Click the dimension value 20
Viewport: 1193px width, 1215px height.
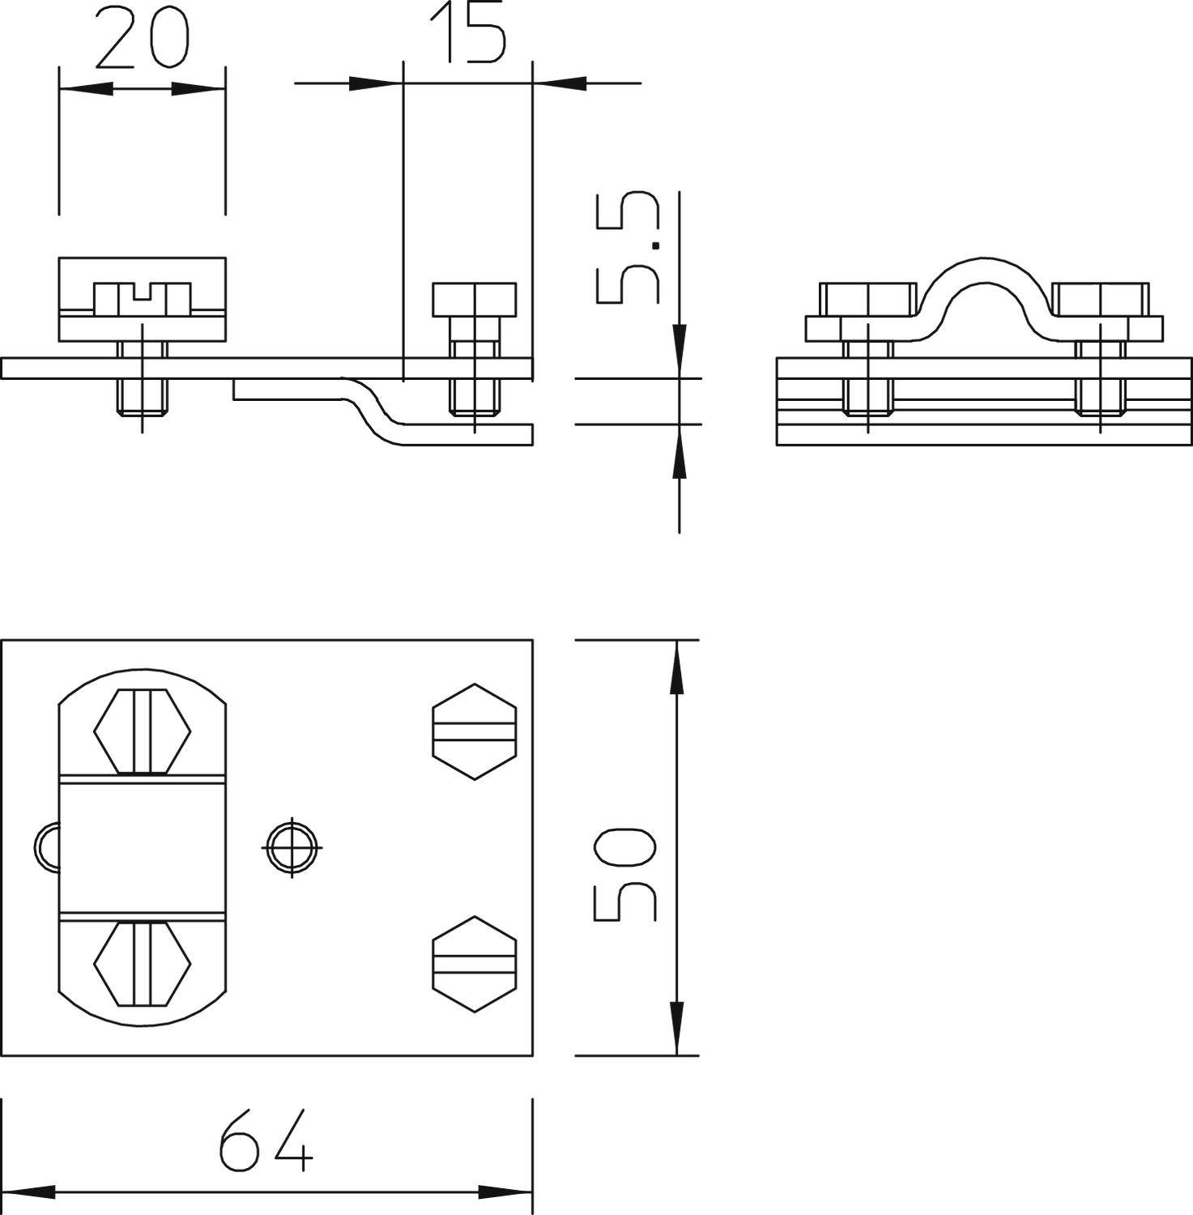click(x=142, y=38)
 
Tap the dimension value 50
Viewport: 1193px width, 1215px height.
click(x=624, y=875)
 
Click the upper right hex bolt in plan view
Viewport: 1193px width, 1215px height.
click(x=474, y=731)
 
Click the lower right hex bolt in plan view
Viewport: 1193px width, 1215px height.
click(x=474, y=964)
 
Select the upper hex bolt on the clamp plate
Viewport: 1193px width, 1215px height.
click(x=143, y=731)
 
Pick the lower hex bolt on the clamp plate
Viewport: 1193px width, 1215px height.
click(x=143, y=963)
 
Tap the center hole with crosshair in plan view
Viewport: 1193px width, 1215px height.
click(x=292, y=847)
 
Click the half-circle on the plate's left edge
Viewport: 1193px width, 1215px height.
click(x=45, y=847)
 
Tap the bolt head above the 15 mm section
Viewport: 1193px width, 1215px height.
click(x=474, y=300)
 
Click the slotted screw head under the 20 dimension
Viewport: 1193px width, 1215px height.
click(x=143, y=299)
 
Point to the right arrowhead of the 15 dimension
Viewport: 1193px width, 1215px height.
click(x=559, y=83)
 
